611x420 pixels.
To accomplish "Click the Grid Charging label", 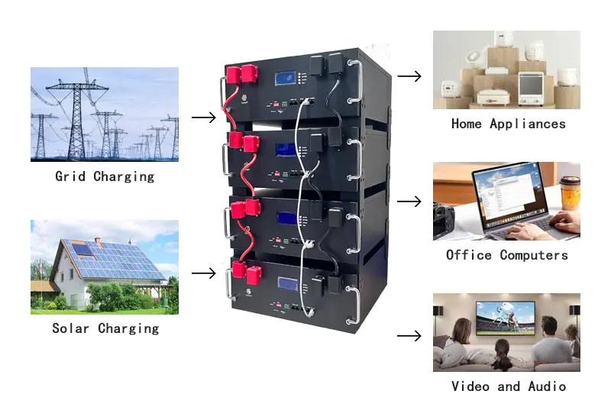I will click(105, 176).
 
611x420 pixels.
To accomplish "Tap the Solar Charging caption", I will click(105, 328).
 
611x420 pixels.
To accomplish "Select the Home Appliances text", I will click(508, 124).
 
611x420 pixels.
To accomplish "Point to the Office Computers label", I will click(507, 255).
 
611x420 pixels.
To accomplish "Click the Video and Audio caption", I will click(508, 386).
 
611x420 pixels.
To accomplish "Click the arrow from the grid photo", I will click(203, 117).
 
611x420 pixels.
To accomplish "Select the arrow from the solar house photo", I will click(203, 273).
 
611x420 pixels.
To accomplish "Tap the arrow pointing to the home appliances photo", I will click(409, 76).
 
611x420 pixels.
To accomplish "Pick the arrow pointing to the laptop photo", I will click(409, 202).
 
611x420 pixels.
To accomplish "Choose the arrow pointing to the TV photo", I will click(409, 336).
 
